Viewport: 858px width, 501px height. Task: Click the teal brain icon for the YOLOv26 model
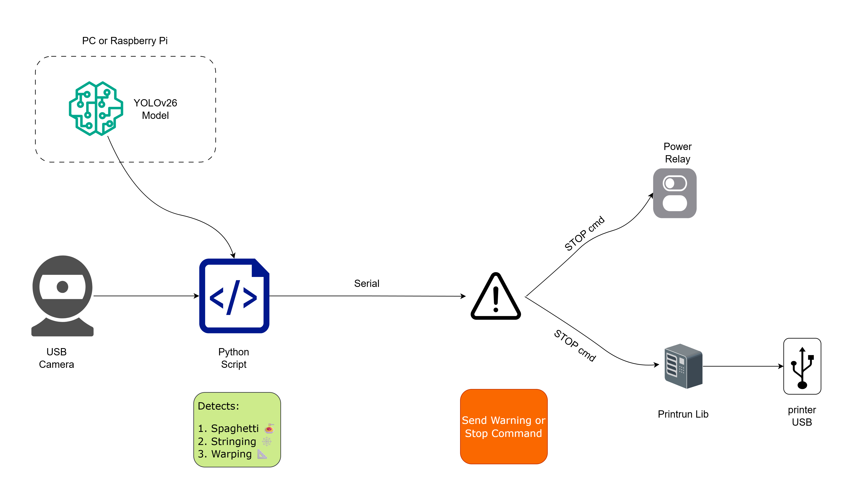96,108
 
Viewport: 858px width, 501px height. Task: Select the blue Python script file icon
234,296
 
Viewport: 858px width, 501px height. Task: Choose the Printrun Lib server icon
683,366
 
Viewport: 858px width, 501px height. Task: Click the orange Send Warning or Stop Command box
504,427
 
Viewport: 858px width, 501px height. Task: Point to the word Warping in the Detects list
231,454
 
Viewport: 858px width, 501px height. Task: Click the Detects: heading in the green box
218,406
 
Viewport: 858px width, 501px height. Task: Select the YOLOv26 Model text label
155,109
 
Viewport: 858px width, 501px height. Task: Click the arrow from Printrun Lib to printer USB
742,366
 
